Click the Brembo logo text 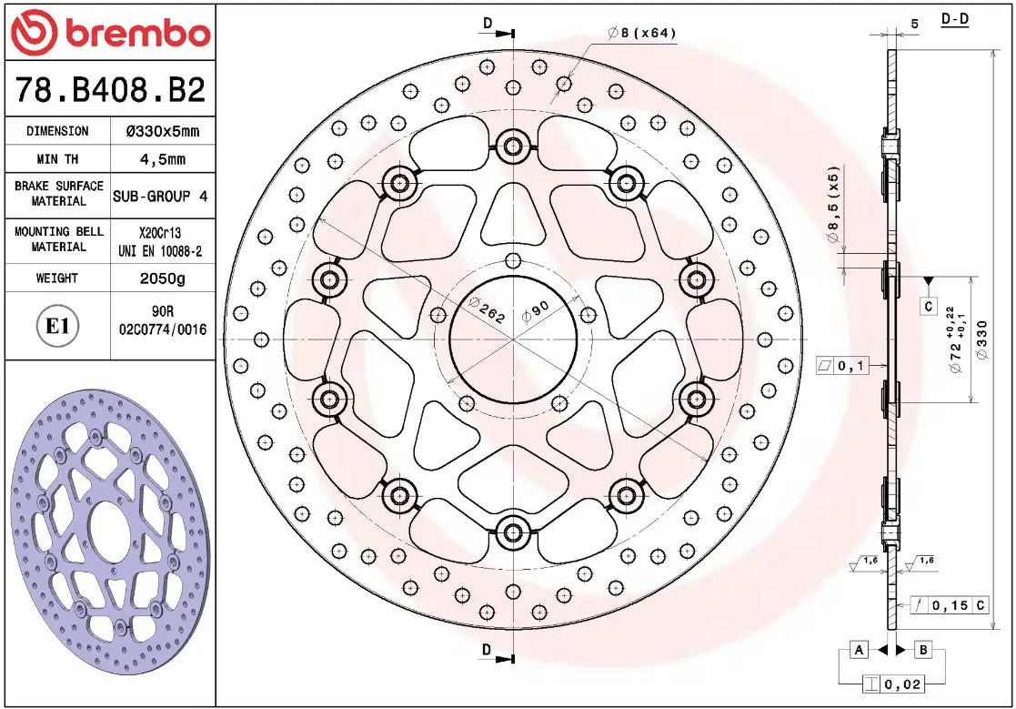pyautogui.click(x=136, y=34)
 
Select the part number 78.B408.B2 pyautogui.click(x=110, y=90)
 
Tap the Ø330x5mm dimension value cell pyautogui.click(x=162, y=131)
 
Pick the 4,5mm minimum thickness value pyautogui.click(x=162, y=159)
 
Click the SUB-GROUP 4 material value pyautogui.click(x=160, y=196)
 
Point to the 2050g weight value pyautogui.click(x=162, y=279)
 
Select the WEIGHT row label pyautogui.click(x=56, y=279)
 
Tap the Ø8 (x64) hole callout pyautogui.click(x=642, y=33)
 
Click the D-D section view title pyautogui.click(x=954, y=19)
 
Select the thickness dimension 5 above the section pyautogui.click(x=914, y=24)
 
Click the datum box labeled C pyautogui.click(x=928, y=307)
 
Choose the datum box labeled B pyautogui.click(x=922, y=650)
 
